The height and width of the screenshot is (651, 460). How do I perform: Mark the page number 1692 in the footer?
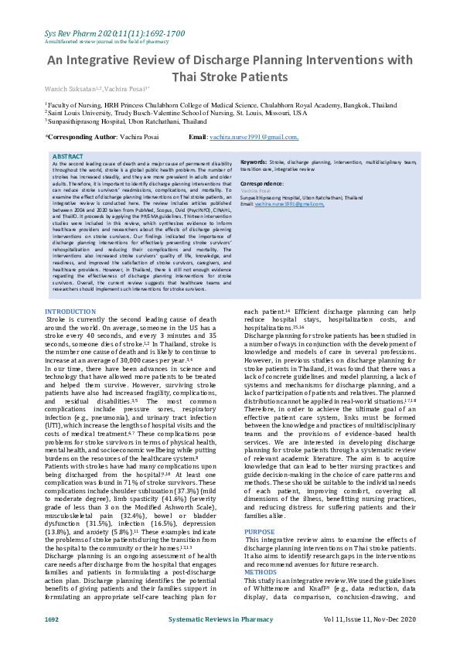[x=52, y=642]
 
